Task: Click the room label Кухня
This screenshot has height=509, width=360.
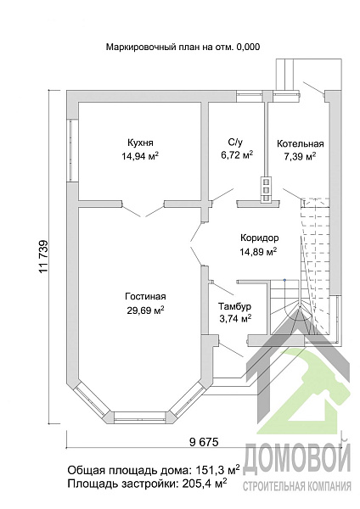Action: (x=140, y=143)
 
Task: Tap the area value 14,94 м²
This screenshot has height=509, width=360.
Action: (x=140, y=157)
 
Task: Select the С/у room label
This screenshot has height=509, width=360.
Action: (x=235, y=142)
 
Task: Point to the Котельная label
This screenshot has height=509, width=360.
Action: (x=301, y=143)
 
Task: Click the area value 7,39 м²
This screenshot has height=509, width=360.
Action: (x=300, y=157)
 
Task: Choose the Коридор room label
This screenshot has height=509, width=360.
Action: (x=259, y=238)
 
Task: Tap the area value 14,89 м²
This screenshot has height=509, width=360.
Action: (x=259, y=252)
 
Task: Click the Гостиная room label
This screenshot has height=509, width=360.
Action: (x=145, y=296)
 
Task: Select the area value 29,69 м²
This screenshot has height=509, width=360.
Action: (x=145, y=310)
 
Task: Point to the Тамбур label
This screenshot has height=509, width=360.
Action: (x=234, y=306)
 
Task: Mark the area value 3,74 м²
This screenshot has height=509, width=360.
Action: (x=235, y=320)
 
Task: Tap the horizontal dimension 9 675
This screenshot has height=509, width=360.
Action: (x=204, y=441)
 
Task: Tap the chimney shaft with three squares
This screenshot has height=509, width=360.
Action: (x=266, y=189)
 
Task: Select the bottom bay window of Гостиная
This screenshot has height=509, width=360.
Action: (x=141, y=417)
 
